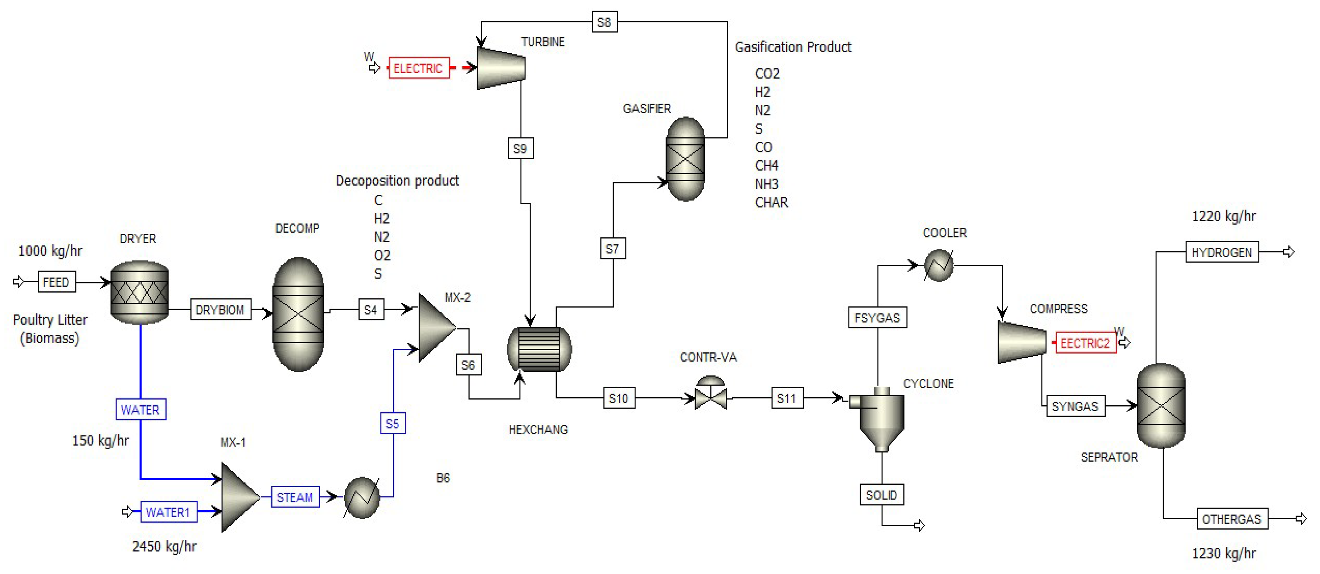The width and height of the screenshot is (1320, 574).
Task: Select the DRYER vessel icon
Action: [139, 292]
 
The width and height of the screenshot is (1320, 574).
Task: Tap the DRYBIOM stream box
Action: [220, 309]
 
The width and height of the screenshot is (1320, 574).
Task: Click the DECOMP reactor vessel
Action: [298, 313]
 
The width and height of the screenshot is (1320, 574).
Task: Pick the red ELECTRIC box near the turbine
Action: [418, 68]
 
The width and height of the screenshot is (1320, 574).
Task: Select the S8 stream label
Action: [604, 22]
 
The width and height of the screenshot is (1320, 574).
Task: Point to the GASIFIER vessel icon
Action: [685, 159]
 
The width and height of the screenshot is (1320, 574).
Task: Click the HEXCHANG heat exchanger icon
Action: [539, 349]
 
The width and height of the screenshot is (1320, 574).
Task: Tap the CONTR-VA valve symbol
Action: [710, 395]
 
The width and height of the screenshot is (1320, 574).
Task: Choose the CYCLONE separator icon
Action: [881, 417]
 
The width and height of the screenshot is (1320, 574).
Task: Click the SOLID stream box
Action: [881, 495]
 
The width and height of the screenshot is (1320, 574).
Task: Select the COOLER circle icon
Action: [938, 265]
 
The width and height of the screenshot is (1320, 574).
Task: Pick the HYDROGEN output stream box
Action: [1221, 252]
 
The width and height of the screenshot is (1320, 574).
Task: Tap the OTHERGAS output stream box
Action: [1232, 519]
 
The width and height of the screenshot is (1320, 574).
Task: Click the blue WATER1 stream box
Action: [168, 512]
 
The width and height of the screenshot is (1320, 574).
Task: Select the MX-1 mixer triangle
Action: [239, 497]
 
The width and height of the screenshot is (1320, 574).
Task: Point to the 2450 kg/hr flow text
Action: [164, 546]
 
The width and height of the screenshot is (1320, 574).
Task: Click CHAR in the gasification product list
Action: [771, 202]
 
